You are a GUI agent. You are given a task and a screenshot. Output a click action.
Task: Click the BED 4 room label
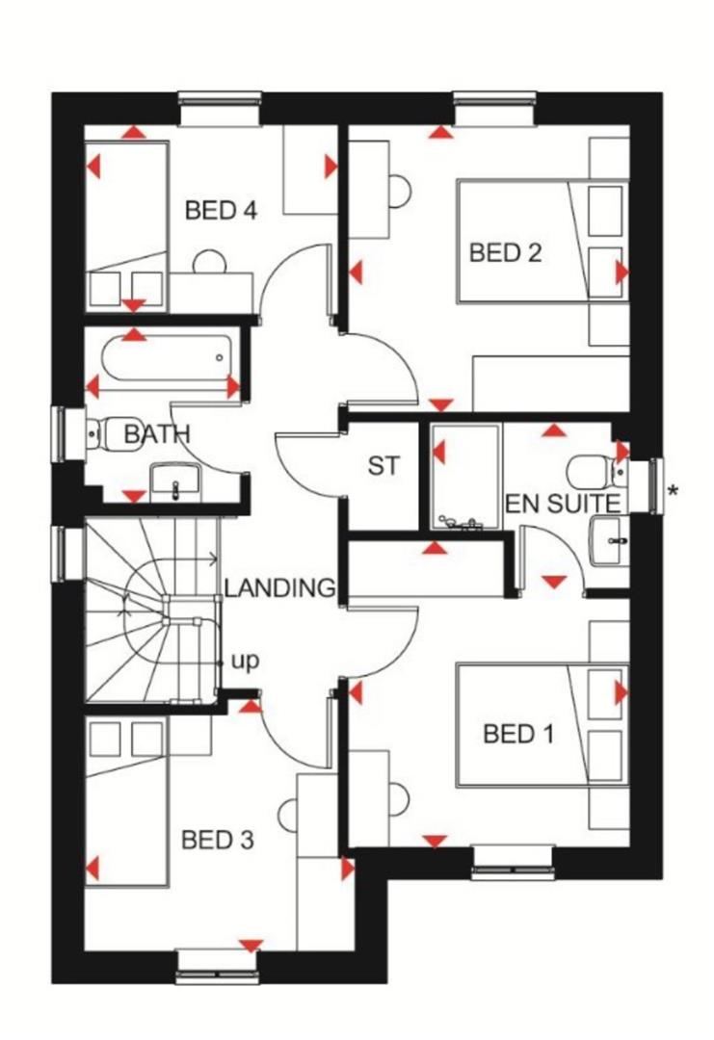tap(221, 210)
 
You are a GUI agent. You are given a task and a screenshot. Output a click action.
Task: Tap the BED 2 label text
tap(505, 253)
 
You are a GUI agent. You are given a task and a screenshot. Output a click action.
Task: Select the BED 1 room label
tap(518, 735)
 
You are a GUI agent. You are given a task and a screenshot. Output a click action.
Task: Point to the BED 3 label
tap(218, 841)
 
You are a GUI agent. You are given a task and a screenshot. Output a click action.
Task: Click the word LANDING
tap(279, 587)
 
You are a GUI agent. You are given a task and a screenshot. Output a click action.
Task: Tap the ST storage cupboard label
tap(383, 467)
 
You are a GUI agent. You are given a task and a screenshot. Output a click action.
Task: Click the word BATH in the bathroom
tap(157, 435)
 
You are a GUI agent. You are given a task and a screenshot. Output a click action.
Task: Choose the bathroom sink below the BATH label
tap(175, 481)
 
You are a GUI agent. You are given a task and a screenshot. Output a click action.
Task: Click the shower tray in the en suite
tap(465, 477)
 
